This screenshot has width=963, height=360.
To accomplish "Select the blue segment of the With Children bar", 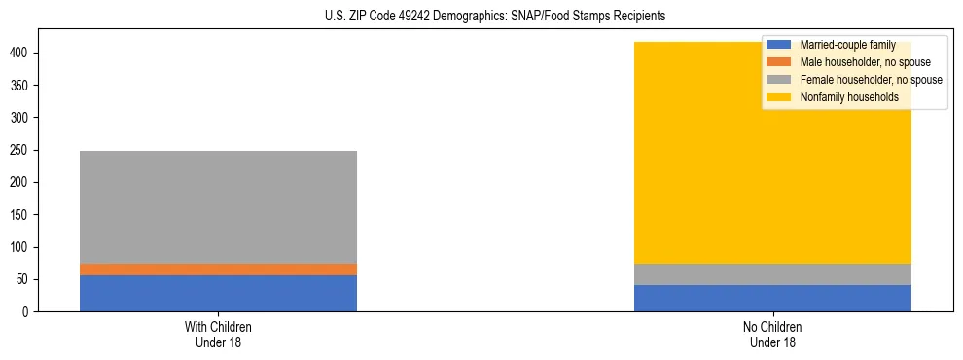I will tap(218, 293).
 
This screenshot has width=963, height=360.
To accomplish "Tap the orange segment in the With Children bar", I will tap(218, 270).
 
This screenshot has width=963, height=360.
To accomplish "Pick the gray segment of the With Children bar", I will tap(218, 206).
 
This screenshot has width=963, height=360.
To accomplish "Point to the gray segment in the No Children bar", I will tap(772, 274).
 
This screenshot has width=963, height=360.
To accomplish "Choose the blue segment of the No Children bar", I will tap(772, 298).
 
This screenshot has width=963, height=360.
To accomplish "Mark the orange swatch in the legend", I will tap(780, 62).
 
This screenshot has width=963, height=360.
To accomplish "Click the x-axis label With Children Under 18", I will tap(218, 334).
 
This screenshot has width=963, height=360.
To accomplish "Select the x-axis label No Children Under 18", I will tap(772, 334).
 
